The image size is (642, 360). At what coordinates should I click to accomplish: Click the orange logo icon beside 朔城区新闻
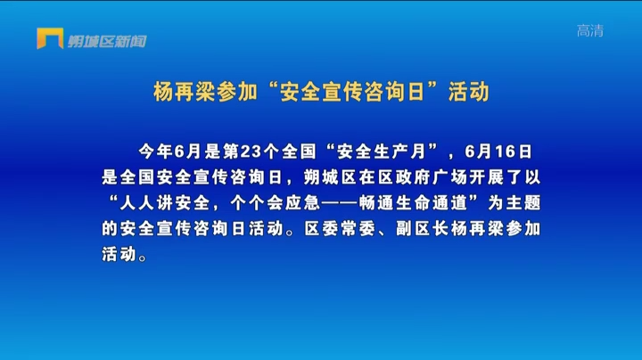50,38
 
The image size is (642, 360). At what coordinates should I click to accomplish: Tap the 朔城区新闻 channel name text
107,41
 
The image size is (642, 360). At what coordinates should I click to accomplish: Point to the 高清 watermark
590,30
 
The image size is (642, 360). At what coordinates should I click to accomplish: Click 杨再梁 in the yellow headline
185,92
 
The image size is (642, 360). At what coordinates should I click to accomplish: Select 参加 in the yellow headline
236,92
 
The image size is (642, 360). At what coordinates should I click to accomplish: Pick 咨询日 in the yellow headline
394,92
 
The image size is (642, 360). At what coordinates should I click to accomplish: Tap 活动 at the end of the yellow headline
469,92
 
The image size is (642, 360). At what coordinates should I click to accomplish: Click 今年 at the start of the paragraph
155,151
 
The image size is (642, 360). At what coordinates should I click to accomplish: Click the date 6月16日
498,151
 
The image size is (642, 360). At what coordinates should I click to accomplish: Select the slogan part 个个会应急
275,203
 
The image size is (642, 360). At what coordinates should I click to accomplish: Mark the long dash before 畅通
340,203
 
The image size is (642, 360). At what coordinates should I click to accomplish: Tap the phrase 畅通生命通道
413,203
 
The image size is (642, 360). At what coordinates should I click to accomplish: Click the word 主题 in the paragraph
523,203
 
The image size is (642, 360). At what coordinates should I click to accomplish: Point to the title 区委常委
340,229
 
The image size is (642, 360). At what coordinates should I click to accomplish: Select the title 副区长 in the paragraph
423,229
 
